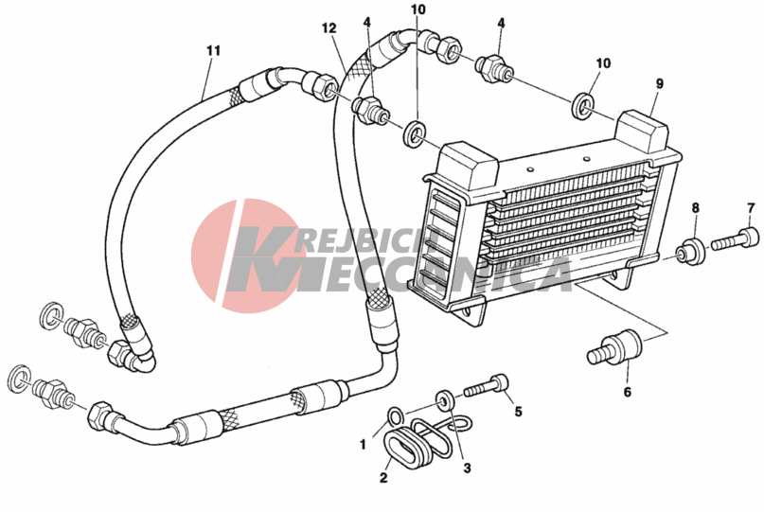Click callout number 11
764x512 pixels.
213,49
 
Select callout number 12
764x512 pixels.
329,28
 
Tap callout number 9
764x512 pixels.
660,84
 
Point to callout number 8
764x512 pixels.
695,208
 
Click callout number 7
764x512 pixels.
751,208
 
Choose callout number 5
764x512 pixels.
518,411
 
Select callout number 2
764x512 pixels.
383,477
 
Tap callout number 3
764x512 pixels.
466,468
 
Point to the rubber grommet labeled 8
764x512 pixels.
691,251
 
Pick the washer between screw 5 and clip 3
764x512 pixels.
443,395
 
